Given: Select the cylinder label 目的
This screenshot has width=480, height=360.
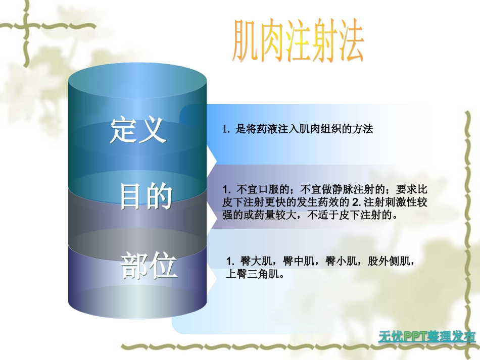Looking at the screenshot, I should (x=147, y=197).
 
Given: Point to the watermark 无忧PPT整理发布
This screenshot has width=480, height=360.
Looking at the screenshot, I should (x=427, y=337).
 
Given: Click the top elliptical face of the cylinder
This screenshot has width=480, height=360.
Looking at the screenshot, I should (x=137, y=83).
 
